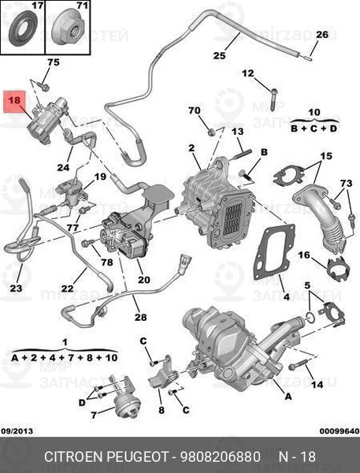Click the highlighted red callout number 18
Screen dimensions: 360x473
click(14, 100)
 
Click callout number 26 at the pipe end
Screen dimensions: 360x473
click(321, 35)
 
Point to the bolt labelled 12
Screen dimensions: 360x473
click(273, 99)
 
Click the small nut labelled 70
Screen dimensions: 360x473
click(212, 132)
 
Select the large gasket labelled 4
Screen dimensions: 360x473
click(274, 251)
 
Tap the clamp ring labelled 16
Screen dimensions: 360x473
click(338, 269)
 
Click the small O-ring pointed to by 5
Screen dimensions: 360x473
click(310, 316)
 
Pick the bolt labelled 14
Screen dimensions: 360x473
click(298, 365)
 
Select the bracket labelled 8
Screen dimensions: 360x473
click(162, 374)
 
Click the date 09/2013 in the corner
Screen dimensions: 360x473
click(17, 430)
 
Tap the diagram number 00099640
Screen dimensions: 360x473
click(340, 431)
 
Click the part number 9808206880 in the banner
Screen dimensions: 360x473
click(221, 456)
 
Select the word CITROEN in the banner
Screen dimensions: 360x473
click(73, 456)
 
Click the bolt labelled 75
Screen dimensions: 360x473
click(44, 88)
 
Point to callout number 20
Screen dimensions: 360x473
click(144, 279)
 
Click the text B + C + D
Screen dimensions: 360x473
click(314, 128)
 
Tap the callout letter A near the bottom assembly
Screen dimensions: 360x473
click(288, 396)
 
